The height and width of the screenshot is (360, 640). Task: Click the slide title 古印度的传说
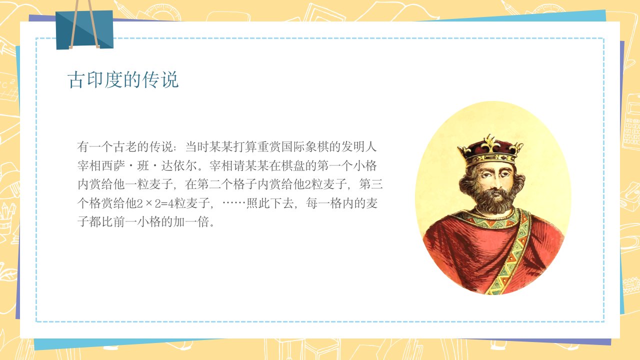(123, 79)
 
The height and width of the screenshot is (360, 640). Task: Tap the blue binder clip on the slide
(84, 29)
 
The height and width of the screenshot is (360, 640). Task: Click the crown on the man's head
(490, 151)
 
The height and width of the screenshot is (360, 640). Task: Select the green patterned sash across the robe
(511, 251)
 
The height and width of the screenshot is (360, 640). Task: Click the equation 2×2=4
(155, 203)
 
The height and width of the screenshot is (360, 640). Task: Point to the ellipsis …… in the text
(233, 203)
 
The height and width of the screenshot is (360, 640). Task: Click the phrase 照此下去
(270, 203)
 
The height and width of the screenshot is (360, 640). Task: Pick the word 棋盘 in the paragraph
(281, 165)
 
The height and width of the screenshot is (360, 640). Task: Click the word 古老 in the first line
(125, 147)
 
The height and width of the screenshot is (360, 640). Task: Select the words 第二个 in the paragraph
(215, 184)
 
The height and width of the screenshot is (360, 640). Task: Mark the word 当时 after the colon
(197, 147)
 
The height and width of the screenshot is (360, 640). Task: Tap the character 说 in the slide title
(169, 79)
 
